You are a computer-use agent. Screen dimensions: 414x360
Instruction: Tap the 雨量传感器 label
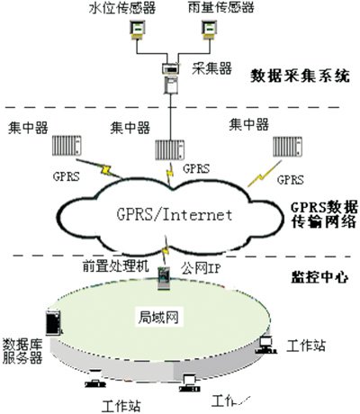(x=221, y=8)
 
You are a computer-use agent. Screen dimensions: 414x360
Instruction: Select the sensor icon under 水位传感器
(x=139, y=31)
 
